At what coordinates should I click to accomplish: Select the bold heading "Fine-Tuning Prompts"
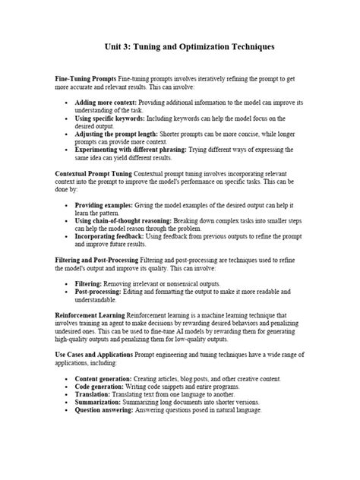(86, 79)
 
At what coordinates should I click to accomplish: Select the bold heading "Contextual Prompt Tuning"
(92, 173)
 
